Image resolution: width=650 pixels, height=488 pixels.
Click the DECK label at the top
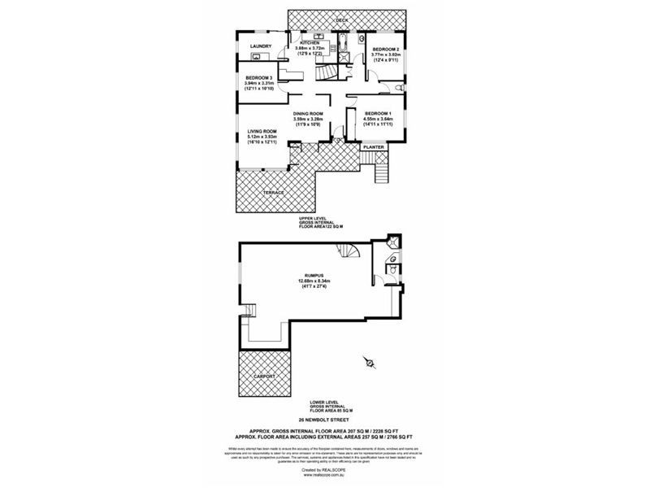[x=341, y=18]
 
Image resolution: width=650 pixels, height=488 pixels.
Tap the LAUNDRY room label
[x=261, y=46]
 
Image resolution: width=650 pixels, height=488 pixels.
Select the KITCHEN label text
[x=314, y=42]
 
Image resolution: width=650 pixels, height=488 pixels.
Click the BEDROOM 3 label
[x=261, y=77]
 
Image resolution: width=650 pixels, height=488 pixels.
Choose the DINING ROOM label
[x=309, y=113]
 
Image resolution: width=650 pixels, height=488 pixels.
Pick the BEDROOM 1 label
[x=379, y=112]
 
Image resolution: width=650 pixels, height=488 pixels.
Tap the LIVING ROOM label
[x=262, y=131]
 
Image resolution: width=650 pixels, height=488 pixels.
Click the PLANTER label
[x=374, y=147]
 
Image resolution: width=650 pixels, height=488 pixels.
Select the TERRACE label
[x=272, y=192]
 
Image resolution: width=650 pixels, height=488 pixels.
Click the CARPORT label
[x=265, y=377]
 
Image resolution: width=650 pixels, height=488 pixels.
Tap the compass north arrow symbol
[x=370, y=363]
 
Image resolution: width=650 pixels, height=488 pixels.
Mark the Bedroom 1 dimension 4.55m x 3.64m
[x=379, y=119]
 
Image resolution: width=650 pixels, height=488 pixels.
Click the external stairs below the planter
[x=379, y=172]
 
